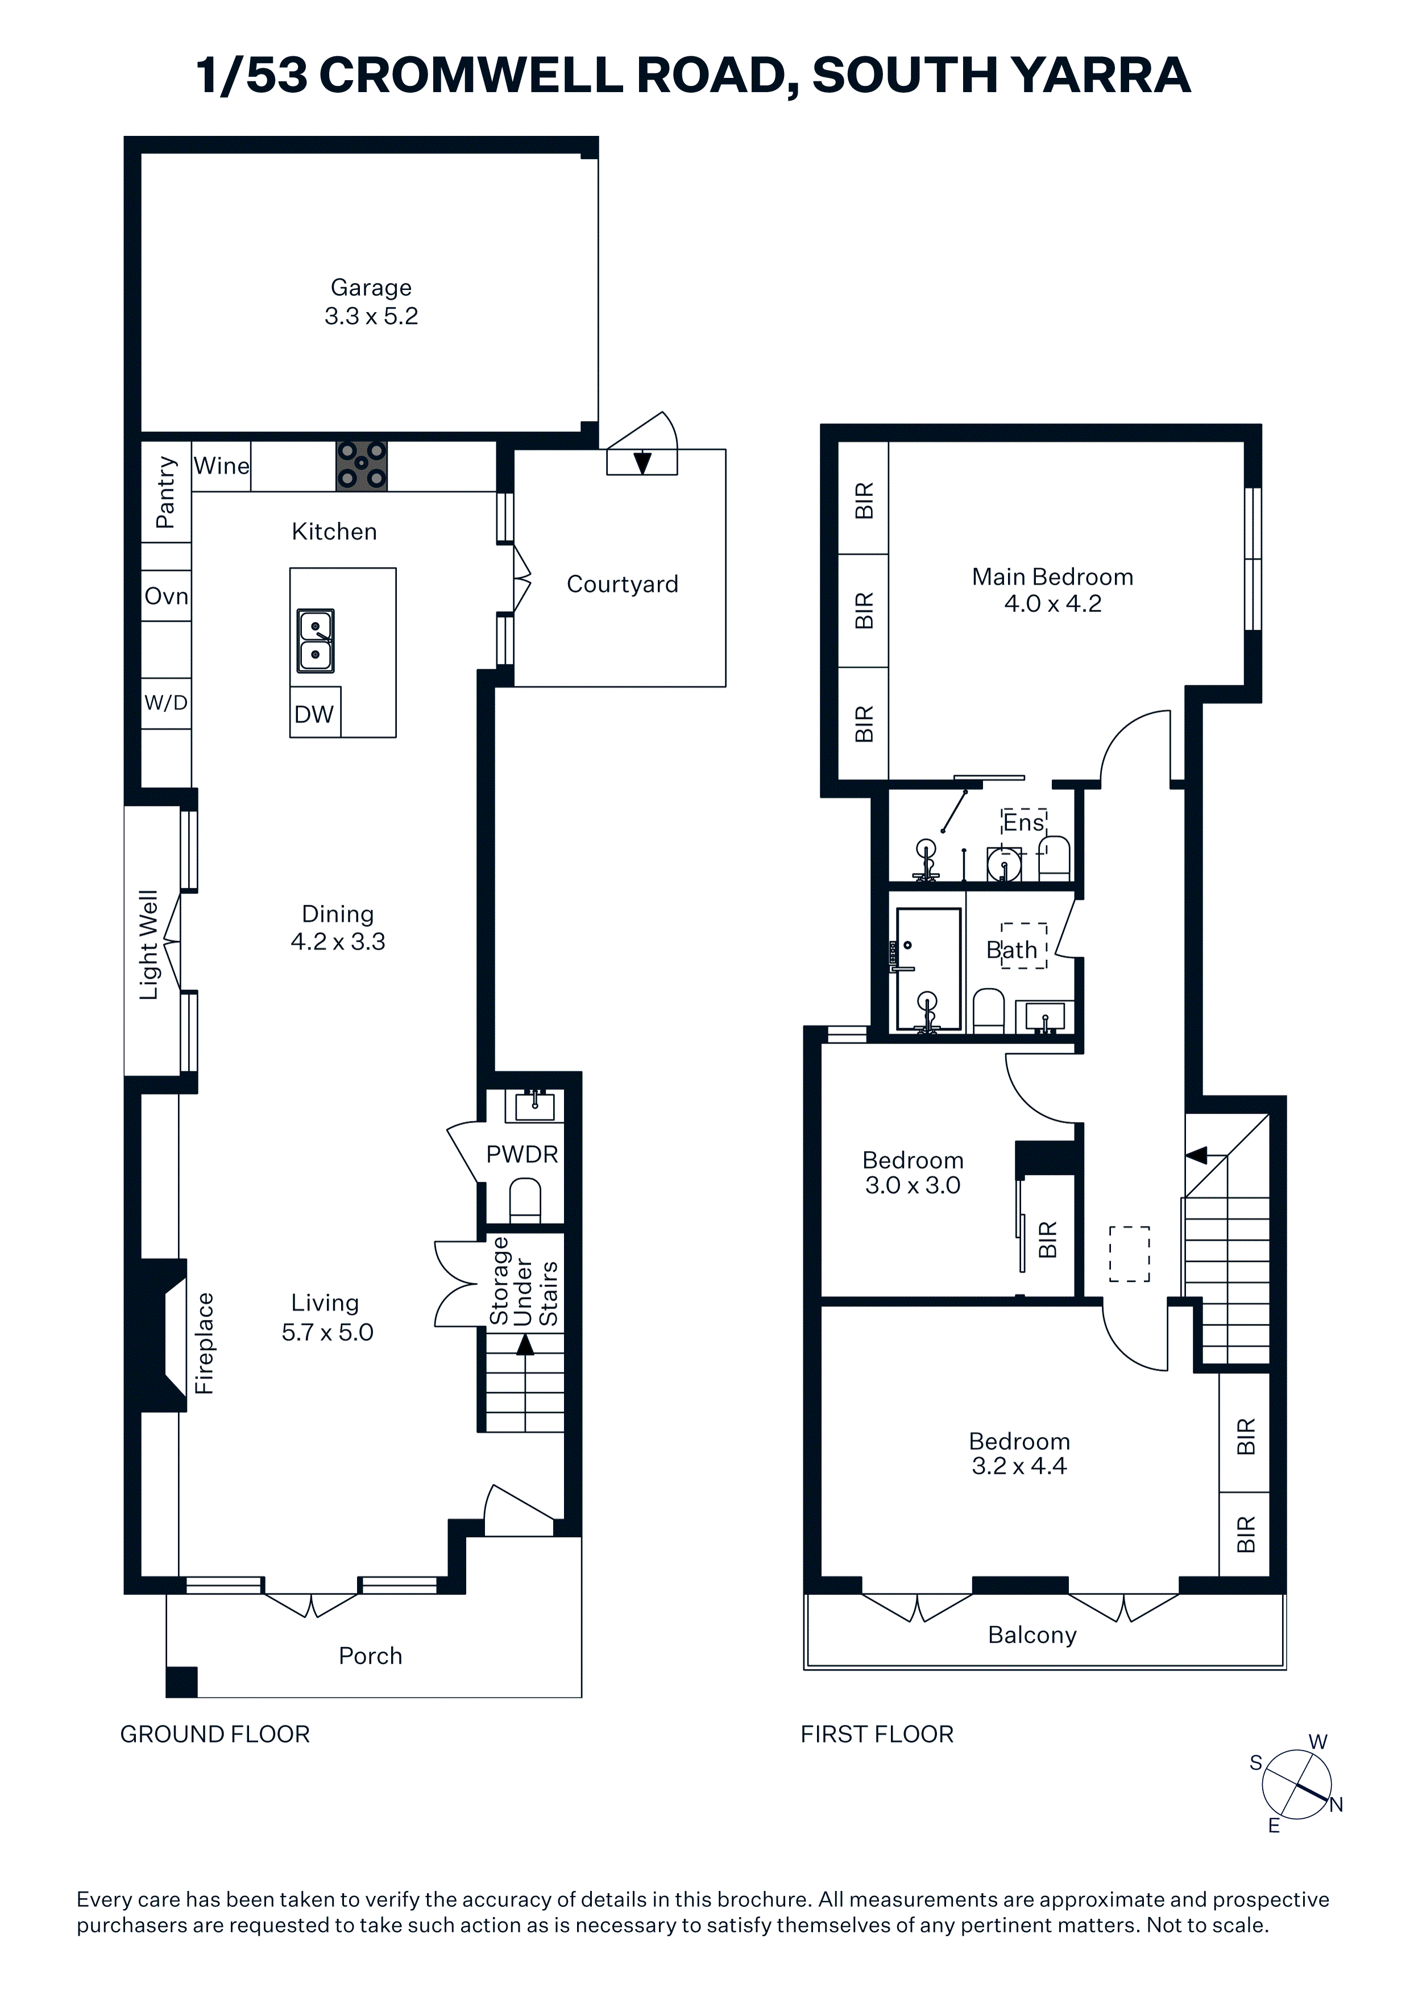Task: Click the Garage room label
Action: (x=371, y=288)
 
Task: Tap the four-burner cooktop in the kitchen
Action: (x=362, y=466)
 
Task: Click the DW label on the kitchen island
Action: (x=314, y=714)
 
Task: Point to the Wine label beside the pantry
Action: (x=222, y=466)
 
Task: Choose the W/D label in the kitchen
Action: (x=166, y=703)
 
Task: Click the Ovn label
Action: (x=166, y=596)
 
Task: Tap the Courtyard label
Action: (x=622, y=584)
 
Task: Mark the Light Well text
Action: (x=150, y=945)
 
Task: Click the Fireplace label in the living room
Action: (x=204, y=1343)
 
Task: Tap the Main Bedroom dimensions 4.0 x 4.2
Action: (x=1053, y=604)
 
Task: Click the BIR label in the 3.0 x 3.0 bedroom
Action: (x=1048, y=1239)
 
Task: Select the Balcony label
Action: (x=1032, y=1635)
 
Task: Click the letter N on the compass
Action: (x=1336, y=1804)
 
